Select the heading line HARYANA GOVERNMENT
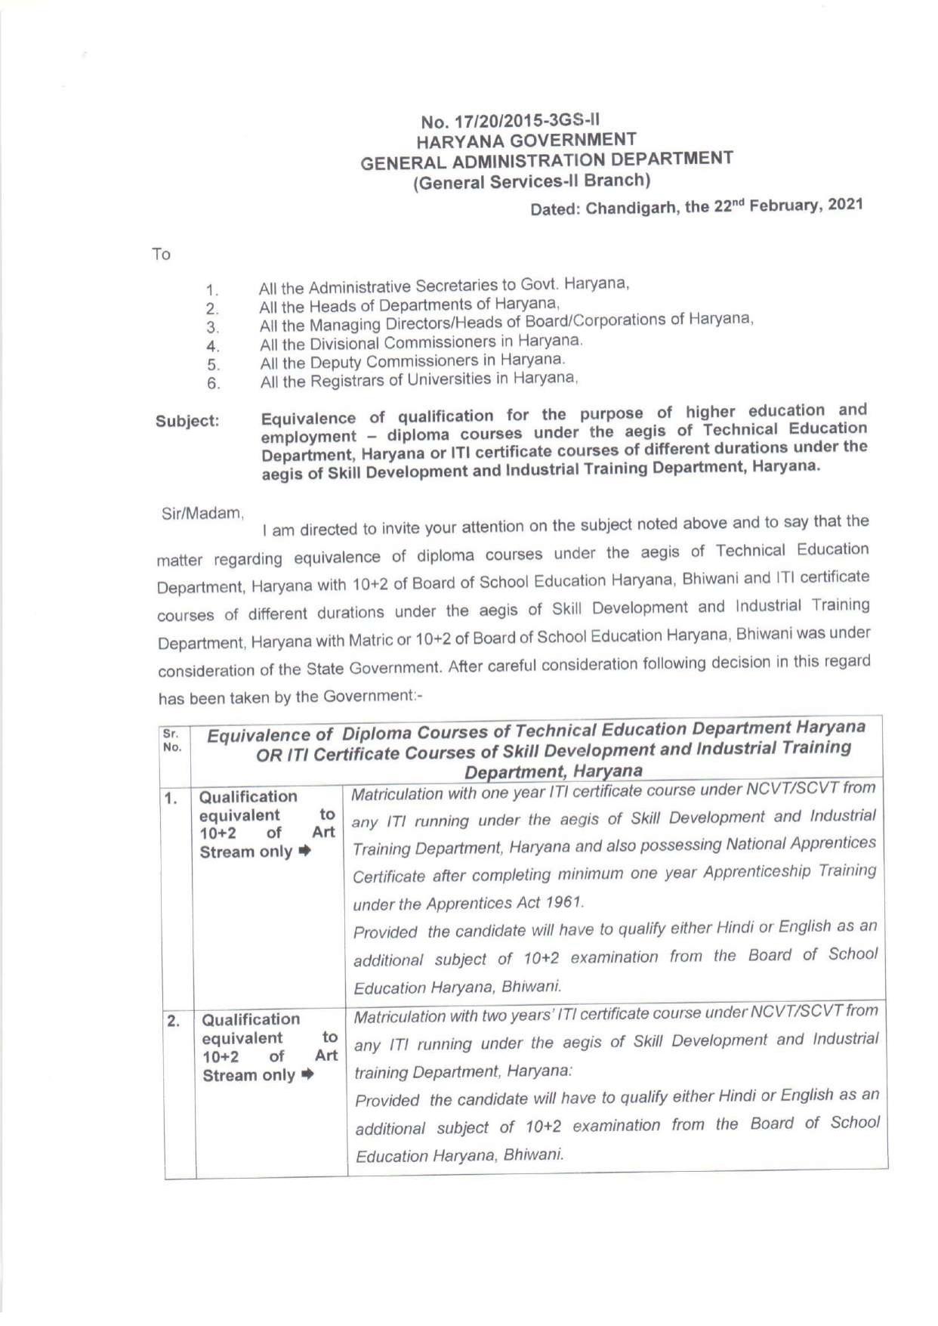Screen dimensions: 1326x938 526,141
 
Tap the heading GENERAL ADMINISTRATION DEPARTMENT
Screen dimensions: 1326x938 546,160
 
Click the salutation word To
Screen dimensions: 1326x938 161,255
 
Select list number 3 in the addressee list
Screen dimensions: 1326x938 213,328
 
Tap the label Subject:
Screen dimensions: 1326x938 187,422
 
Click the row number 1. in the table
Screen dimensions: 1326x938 173,799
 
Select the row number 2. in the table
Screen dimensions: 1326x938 174,1022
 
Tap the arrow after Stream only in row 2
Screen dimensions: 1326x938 307,1075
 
